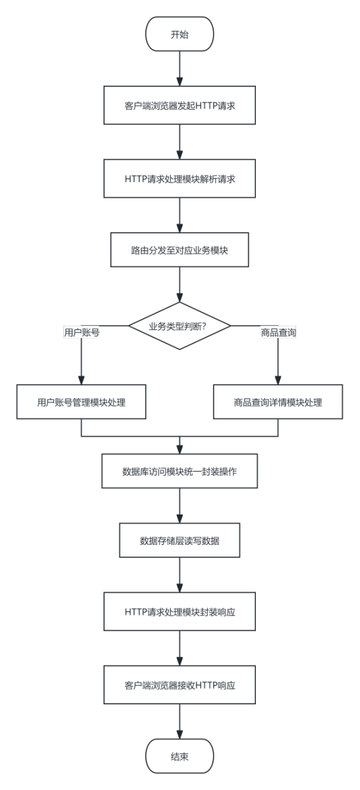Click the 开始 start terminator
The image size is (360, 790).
(179, 34)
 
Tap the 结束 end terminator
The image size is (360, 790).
(179, 756)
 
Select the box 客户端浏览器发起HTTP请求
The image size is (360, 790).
(179, 105)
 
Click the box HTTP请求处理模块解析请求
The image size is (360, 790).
(179, 178)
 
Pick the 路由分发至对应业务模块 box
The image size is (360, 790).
(179, 250)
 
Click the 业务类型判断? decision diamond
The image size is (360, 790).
(179, 326)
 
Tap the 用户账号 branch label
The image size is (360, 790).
(81, 332)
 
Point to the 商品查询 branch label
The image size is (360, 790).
(278, 332)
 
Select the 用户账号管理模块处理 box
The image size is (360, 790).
(81, 402)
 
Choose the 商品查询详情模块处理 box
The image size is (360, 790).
(278, 402)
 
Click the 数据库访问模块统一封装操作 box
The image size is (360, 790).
(179, 471)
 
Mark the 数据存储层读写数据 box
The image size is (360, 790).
(179, 540)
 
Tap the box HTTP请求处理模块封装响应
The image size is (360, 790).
(179, 612)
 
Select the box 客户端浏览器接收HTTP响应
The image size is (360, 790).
(179, 685)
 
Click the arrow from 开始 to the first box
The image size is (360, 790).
(179, 69)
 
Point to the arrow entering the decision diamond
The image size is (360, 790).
(179, 284)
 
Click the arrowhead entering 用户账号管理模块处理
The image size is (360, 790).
(81, 380)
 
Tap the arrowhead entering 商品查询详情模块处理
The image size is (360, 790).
(278, 380)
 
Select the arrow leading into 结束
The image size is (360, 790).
(179, 721)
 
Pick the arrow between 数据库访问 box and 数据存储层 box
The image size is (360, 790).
(179, 505)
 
